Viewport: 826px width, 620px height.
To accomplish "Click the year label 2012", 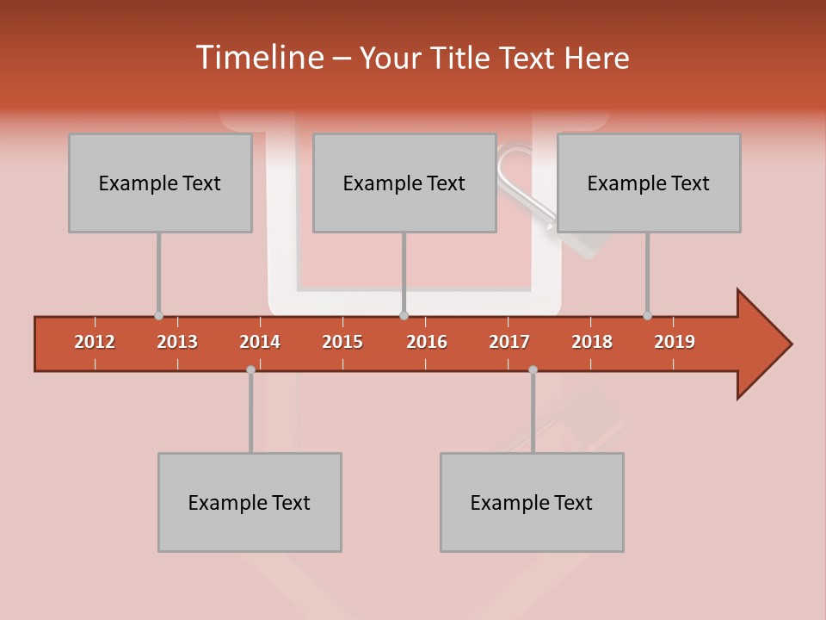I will (95, 342).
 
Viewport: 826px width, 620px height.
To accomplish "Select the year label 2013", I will (177, 342).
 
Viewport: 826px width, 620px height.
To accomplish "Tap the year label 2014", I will (260, 342).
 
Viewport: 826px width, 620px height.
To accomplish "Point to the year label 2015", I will (342, 342).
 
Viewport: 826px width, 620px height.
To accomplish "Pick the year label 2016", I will (427, 342).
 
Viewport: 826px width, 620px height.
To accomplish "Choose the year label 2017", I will (509, 342).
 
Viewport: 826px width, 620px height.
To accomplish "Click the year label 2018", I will (592, 342).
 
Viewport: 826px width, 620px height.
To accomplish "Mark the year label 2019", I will (675, 342).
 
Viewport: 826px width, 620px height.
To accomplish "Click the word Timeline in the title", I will (258, 58).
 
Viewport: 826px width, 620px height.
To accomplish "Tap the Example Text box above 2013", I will (160, 183).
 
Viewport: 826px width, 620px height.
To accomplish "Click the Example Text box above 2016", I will (404, 183).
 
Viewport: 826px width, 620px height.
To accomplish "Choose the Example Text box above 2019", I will (649, 183).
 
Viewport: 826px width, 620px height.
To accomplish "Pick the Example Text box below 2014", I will (250, 502).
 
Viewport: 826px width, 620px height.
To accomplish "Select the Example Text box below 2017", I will (532, 502).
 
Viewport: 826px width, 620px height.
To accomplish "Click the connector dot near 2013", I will (158, 316).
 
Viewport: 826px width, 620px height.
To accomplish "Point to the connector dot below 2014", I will (250, 369).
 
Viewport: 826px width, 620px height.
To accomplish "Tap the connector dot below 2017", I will (533, 369).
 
